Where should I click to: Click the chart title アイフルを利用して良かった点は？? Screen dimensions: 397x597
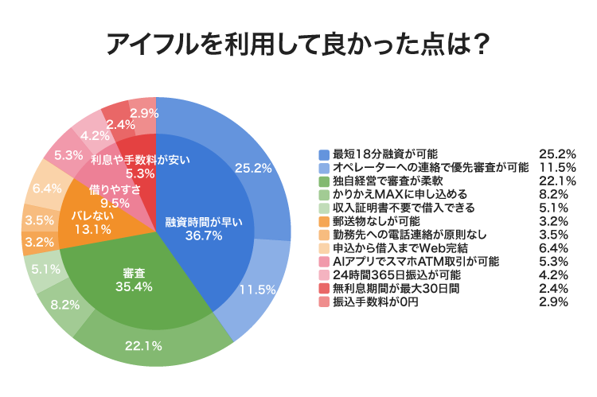pyautogui.click(x=298, y=45)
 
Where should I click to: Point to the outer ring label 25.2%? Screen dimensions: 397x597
pyautogui.click(x=253, y=168)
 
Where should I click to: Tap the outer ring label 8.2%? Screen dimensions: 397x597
pyautogui.click(x=65, y=303)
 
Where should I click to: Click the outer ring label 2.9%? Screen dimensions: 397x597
pyautogui.click(x=142, y=112)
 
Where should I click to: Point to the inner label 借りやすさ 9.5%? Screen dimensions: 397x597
pyautogui.click(x=115, y=196)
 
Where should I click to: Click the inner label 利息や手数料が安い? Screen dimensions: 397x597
pyautogui.click(x=140, y=159)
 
